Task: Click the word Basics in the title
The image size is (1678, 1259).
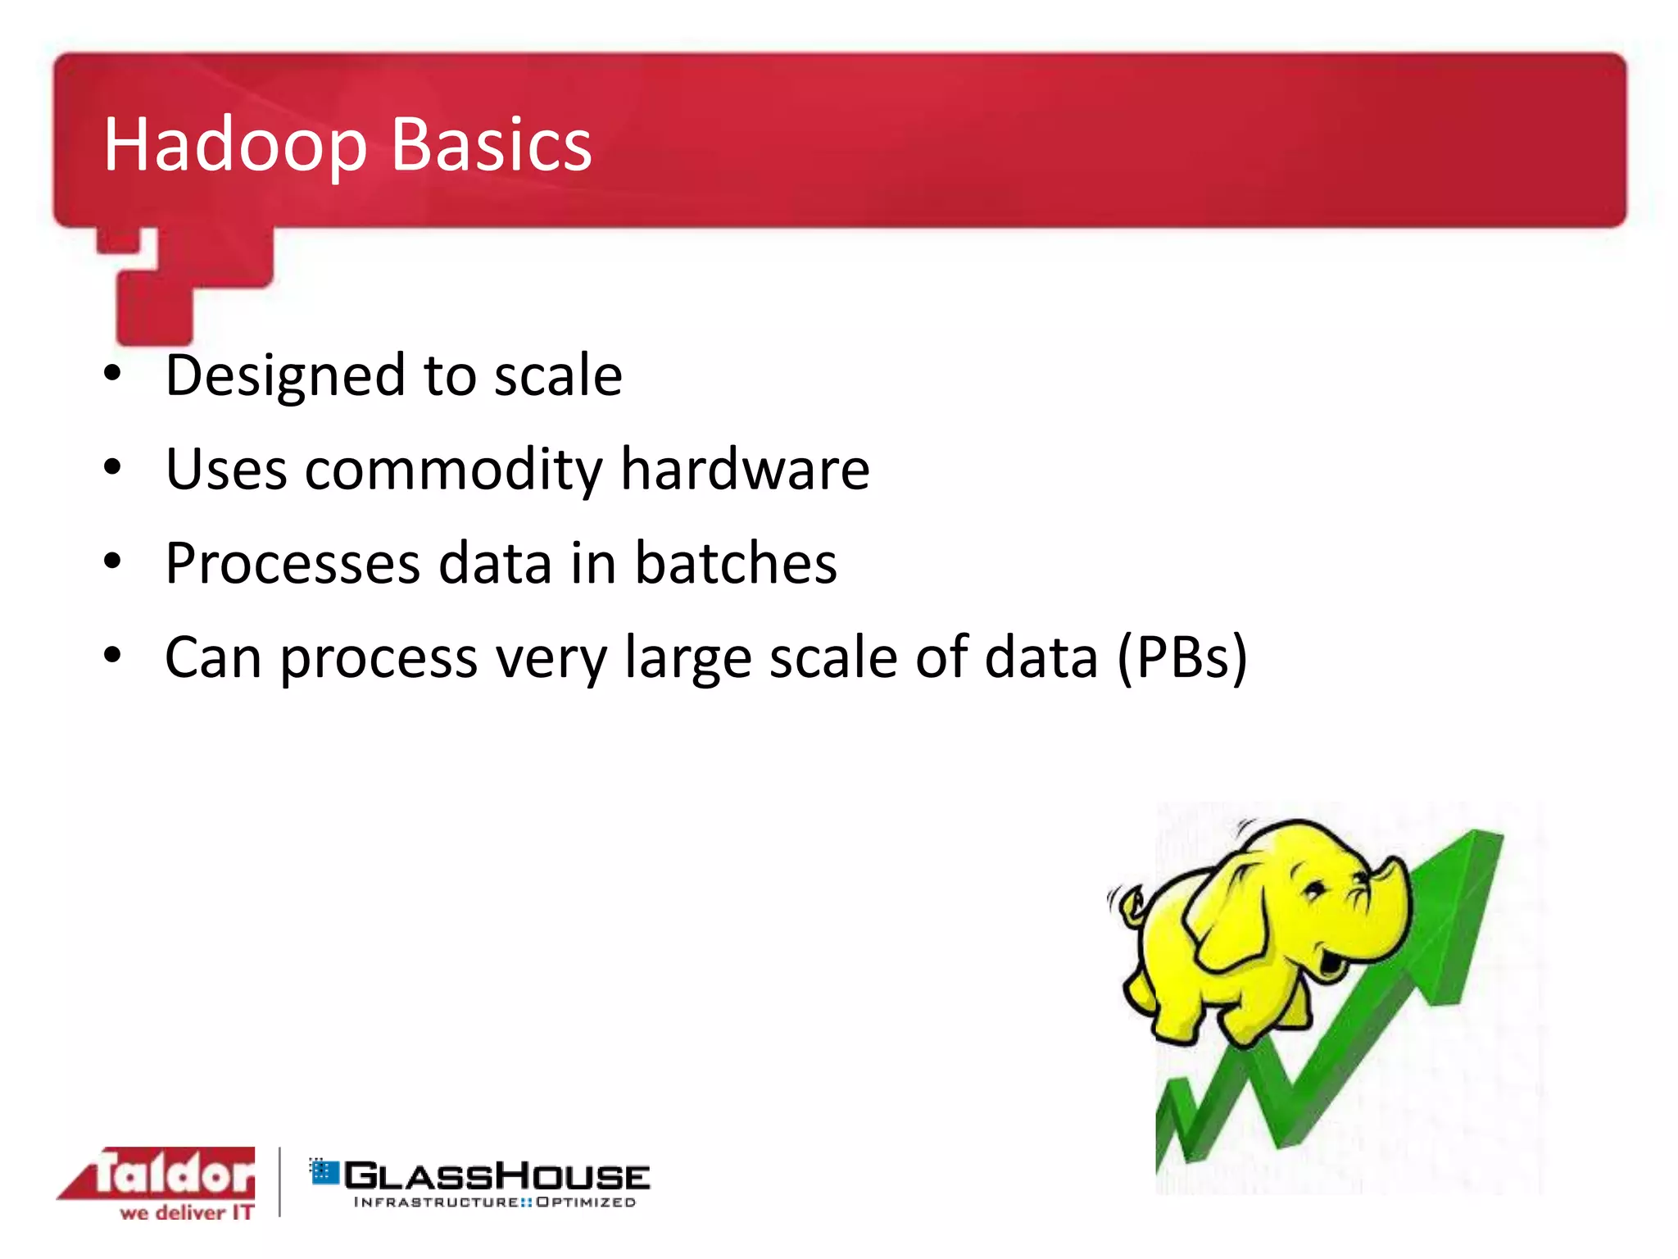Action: [491, 145]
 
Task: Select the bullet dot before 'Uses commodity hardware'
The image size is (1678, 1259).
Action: [113, 467]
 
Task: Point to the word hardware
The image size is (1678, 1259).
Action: [745, 470]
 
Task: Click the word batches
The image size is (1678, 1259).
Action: [736, 564]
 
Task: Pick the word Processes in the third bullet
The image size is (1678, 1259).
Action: [293, 564]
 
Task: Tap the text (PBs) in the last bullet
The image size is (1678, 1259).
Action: [1182, 658]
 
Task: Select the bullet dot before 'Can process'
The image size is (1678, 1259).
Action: [113, 655]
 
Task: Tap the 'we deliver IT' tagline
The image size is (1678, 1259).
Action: [187, 1212]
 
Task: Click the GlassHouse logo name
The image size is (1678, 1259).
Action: [497, 1177]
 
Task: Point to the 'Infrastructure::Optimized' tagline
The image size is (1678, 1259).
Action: [494, 1202]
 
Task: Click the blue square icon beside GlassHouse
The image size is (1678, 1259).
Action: [324, 1171]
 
